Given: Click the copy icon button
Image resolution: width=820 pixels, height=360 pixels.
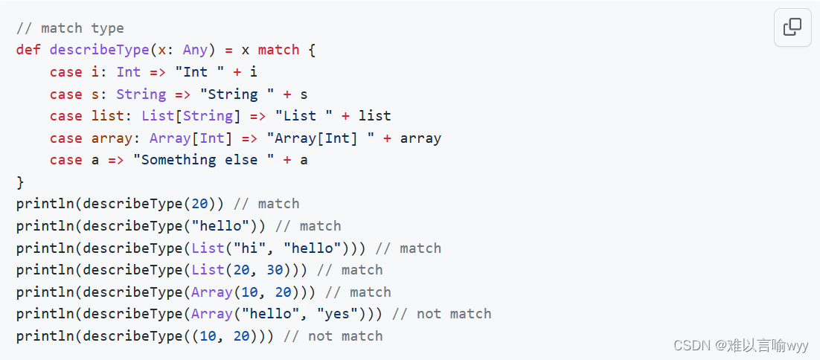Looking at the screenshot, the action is [792, 28].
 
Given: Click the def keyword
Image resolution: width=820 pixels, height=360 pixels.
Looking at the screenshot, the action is [28, 50].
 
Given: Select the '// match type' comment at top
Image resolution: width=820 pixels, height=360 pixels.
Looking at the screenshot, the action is [70, 28].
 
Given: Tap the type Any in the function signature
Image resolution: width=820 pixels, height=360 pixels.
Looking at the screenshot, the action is [195, 50].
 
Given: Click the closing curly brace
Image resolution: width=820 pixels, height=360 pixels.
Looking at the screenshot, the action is [20, 182].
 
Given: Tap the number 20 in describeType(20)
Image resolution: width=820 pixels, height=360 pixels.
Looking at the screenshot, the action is [199, 204].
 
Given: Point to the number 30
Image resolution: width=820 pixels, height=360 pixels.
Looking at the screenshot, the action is [275, 270].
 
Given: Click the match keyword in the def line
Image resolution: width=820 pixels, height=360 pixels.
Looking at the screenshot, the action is [278, 50].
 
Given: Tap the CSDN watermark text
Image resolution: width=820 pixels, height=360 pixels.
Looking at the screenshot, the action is [740, 345].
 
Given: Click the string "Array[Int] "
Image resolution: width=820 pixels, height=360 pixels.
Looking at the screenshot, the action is [324, 138].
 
